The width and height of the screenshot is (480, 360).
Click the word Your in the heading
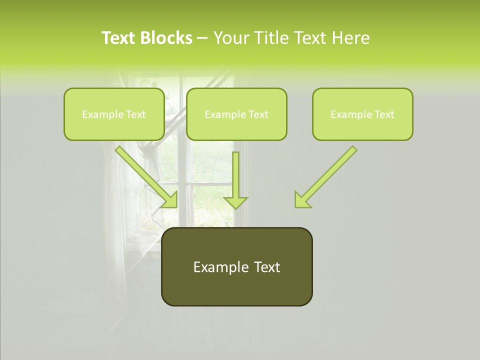pyautogui.click(x=232, y=38)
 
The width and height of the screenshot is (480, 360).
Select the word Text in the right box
pyautogui.click(x=384, y=114)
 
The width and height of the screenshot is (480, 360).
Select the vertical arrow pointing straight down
pyautogui.click(x=235, y=175)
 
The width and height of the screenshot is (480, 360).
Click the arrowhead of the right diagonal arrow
pyautogui.click(x=302, y=200)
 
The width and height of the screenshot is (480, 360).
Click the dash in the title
pyautogui.click(x=202, y=38)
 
